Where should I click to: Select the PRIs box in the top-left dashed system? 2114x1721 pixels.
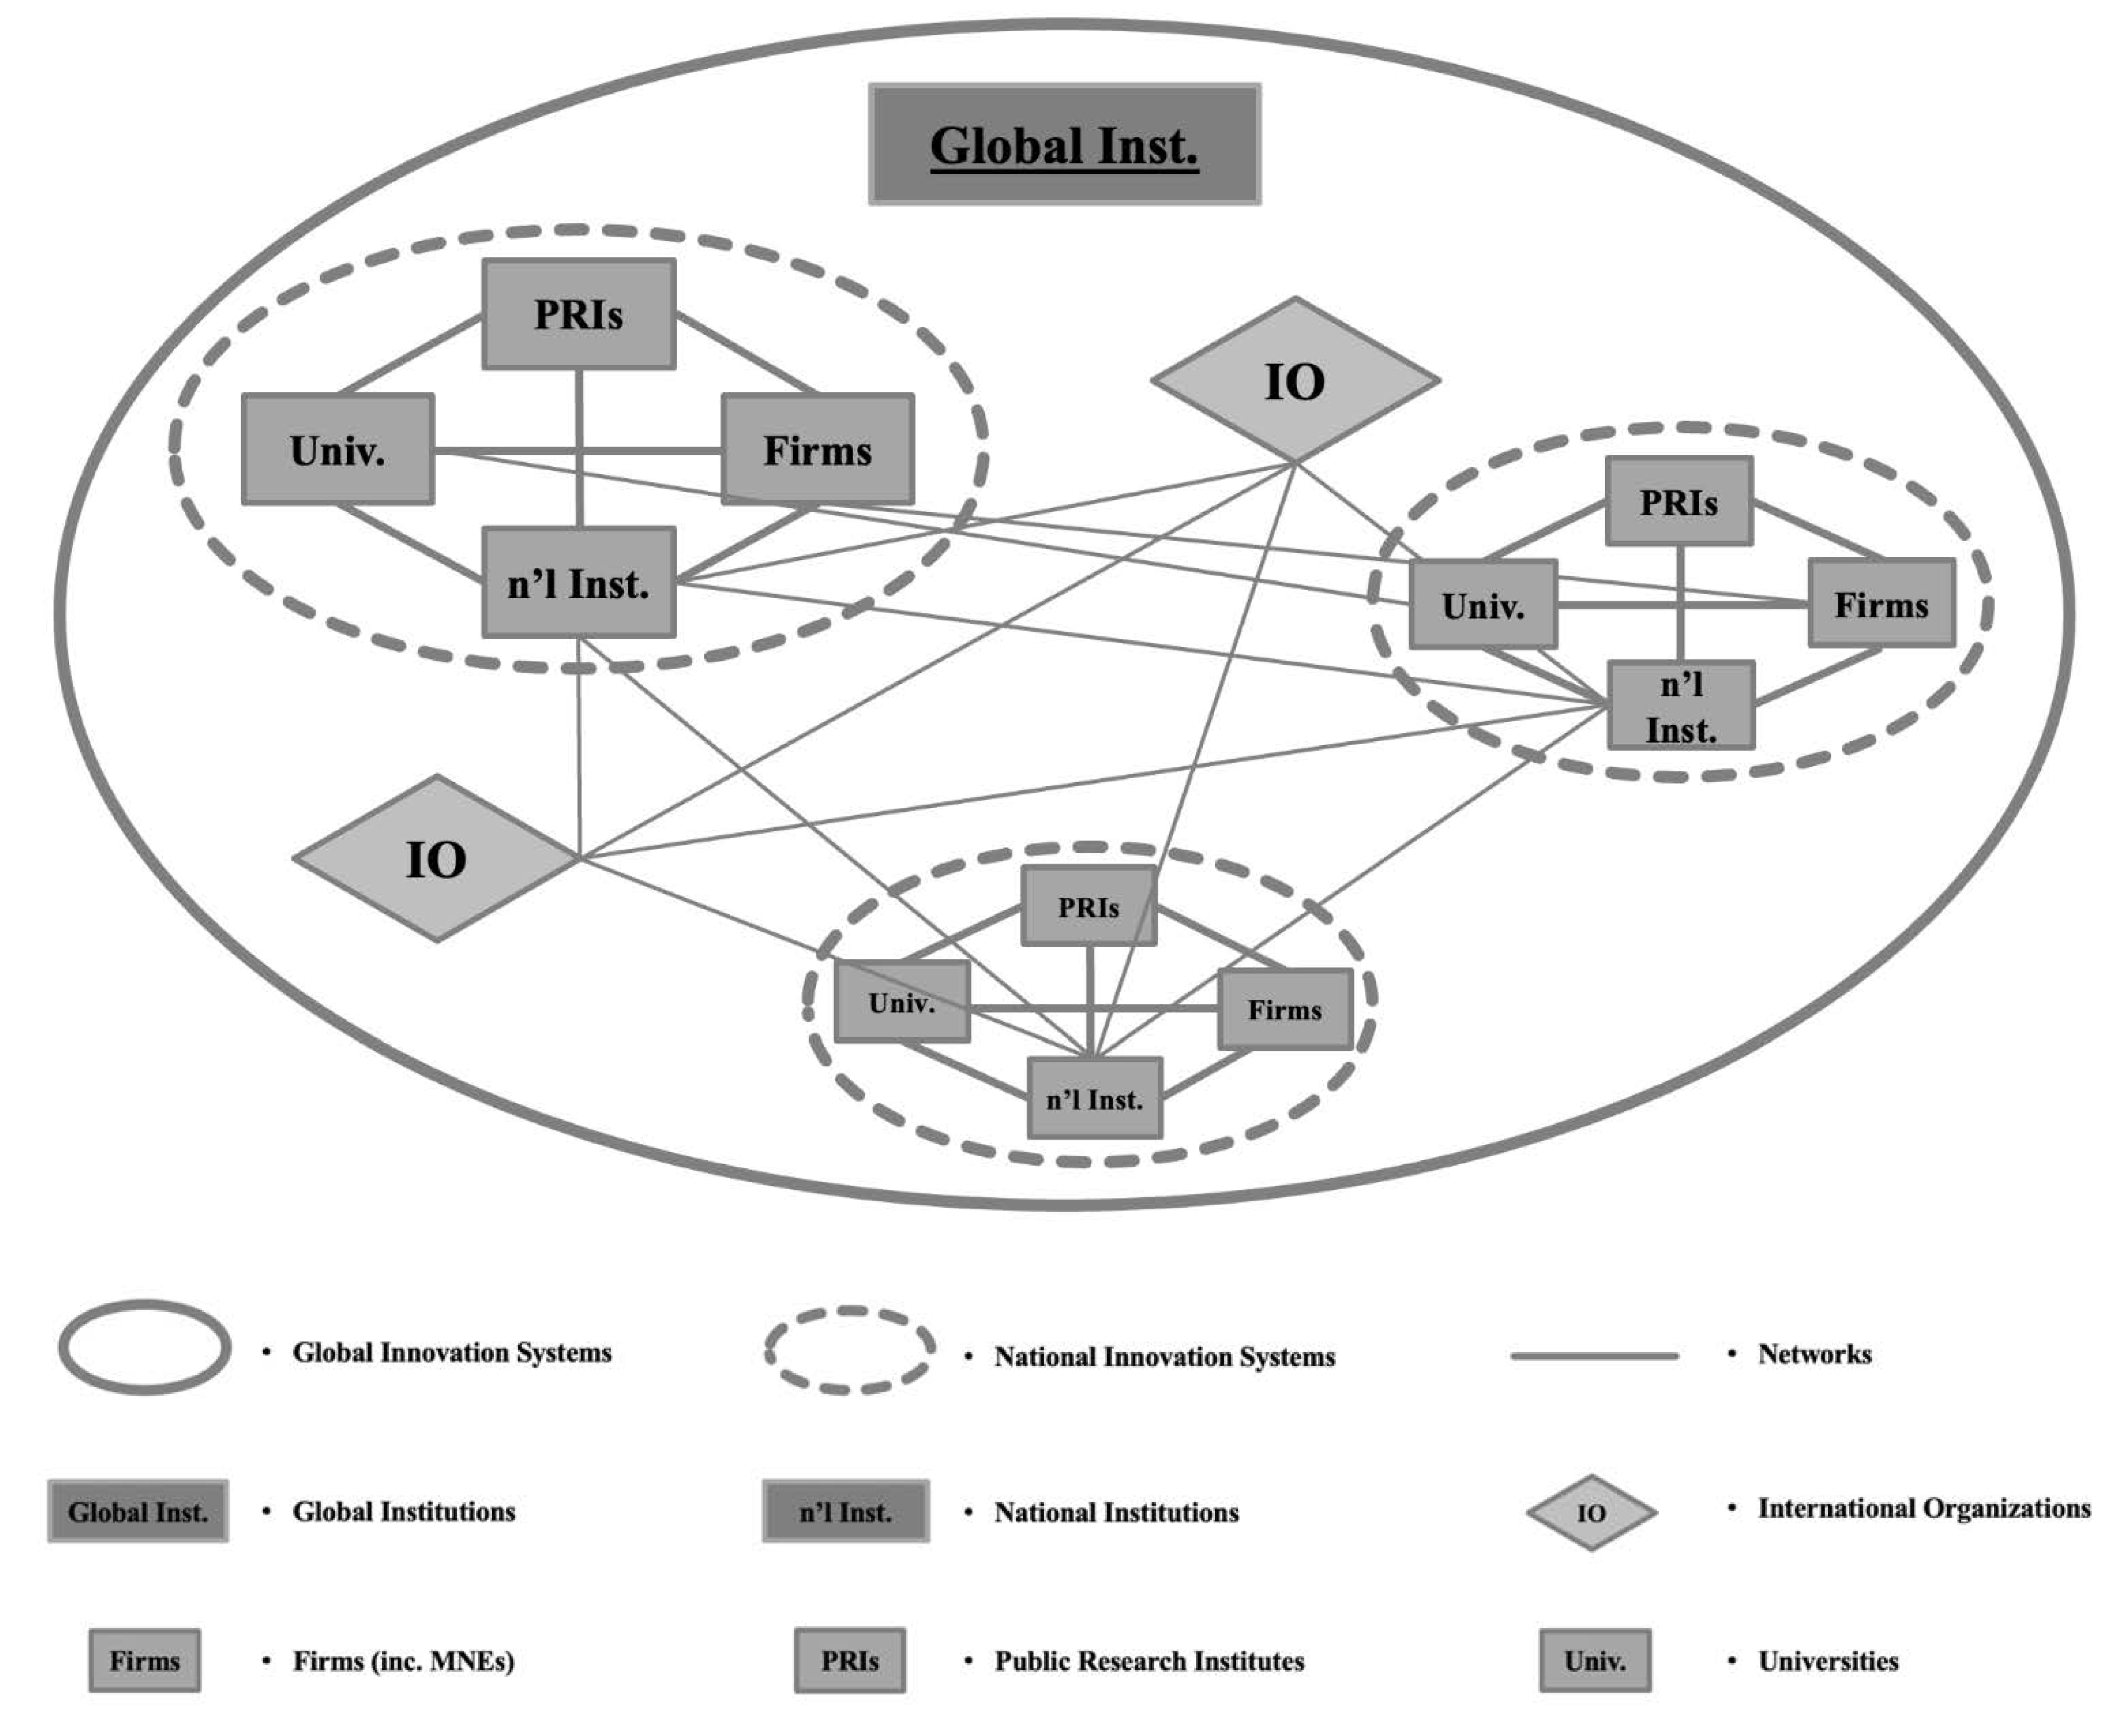tap(579, 314)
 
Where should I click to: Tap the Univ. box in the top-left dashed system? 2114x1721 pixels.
tap(338, 450)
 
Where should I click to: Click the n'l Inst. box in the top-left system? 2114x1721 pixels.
tap(579, 583)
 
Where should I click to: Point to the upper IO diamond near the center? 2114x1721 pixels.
tap(1295, 381)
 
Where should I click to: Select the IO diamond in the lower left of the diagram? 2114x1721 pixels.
tap(436, 858)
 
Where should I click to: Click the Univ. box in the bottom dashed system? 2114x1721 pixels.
tap(901, 1002)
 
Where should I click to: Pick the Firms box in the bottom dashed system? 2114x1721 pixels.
tap(1284, 1009)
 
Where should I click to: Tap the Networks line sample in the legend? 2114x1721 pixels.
tap(1594, 1355)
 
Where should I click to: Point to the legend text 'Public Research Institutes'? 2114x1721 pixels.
tap(1149, 1661)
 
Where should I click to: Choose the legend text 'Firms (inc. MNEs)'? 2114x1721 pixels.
tap(404, 1661)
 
